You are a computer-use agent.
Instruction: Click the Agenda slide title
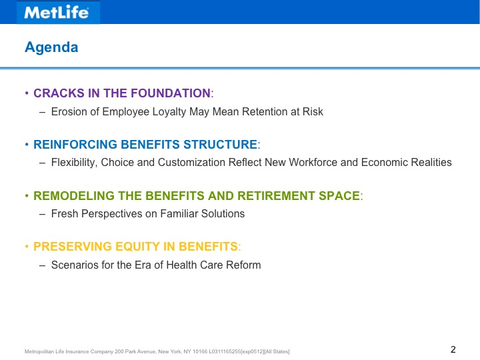(x=51, y=47)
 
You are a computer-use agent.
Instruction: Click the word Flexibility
(x=75, y=163)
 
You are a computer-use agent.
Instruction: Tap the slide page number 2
(x=453, y=349)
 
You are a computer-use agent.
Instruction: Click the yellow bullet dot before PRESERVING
(x=27, y=246)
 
